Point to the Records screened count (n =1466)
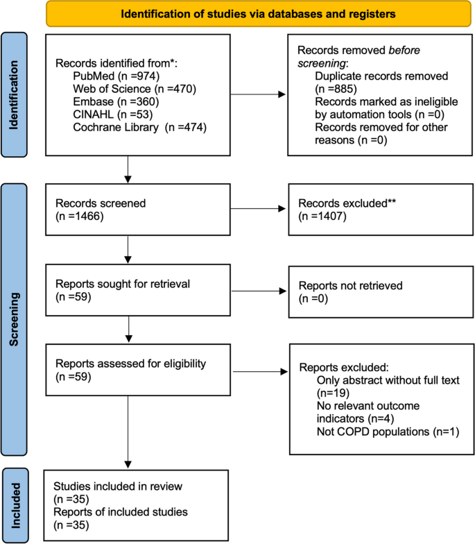pos(79,216)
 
